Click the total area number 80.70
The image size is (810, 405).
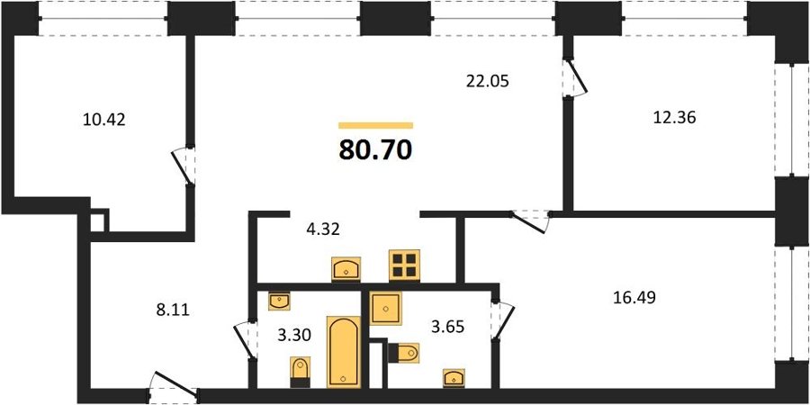pos(375,149)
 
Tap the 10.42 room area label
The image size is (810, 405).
pos(103,121)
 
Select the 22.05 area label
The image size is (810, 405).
pos(488,81)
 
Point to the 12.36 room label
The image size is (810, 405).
pos(674,118)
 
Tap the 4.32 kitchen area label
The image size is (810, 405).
pos(322,229)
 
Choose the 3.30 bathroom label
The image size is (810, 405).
pos(294,337)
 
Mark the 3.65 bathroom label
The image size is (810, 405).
pos(448,327)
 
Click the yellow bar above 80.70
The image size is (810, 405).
pos(375,125)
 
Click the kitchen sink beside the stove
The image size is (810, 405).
pos(346,269)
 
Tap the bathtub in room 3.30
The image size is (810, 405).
pos(344,351)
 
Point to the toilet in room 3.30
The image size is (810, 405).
pos(300,372)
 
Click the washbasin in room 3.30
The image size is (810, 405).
pos(280,301)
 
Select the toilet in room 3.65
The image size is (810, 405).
pos(403,354)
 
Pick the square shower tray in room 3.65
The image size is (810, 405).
pos(386,308)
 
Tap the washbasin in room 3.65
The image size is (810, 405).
pos(454,378)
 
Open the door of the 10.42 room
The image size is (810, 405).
pos(184,166)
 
